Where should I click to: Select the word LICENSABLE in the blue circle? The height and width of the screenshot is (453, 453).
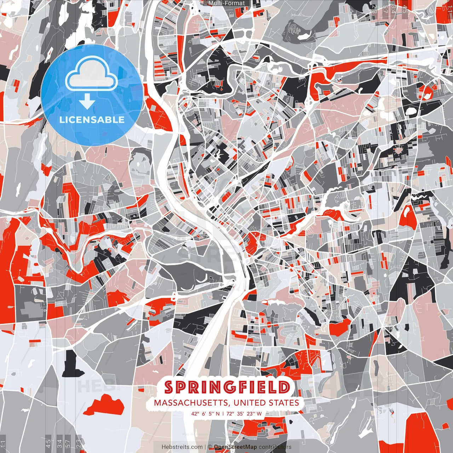pos(92,120)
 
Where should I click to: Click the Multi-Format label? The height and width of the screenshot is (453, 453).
pos(226,3)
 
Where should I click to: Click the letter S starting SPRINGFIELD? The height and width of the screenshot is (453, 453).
pos(170,388)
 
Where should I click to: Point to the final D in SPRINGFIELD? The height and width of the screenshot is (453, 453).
pos(284,388)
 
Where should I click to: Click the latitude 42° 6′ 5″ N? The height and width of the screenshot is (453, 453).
pos(205,413)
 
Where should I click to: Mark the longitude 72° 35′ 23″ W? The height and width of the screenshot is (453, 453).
pos(244,413)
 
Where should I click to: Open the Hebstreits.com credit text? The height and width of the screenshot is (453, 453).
pos(182,447)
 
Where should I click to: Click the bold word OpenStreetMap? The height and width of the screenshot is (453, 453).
pos(235,447)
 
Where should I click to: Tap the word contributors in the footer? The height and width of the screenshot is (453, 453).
pos(275,447)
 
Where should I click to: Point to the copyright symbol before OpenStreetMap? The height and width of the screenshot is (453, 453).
pos(210,447)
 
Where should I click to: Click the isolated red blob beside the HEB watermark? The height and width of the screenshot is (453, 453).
pos(105,405)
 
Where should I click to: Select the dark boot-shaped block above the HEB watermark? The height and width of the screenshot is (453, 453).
pos(73,365)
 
